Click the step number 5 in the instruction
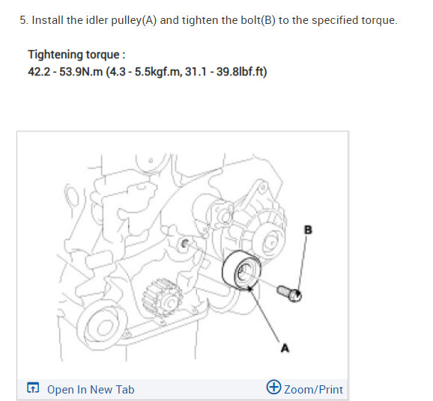click(24, 20)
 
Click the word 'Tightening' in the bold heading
click(52, 55)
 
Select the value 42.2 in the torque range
click(39, 72)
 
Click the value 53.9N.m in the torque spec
click(81, 72)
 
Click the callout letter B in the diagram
click(308, 230)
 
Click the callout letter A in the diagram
click(285, 348)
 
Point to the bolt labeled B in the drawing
click(289, 293)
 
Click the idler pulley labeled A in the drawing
click(241, 270)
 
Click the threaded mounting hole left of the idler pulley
click(184, 244)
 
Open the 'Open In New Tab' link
click(91, 390)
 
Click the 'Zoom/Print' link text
click(313, 390)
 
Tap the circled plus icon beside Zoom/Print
click(273, 387)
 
